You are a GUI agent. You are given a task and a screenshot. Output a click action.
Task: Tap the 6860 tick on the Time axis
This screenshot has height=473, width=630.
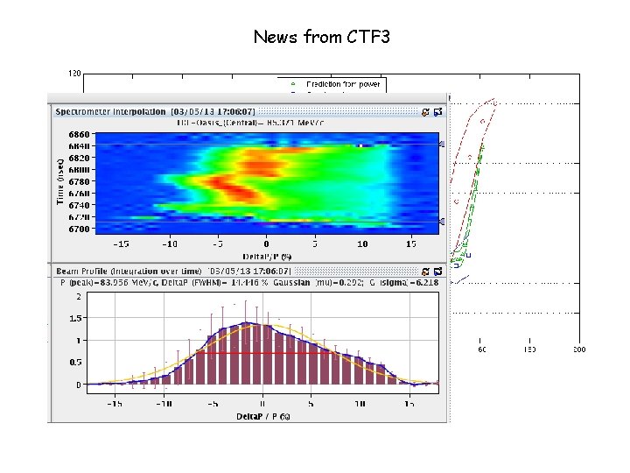click(78, 135)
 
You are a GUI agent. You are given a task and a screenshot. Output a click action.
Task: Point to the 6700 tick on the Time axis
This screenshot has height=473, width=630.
click(78, 229)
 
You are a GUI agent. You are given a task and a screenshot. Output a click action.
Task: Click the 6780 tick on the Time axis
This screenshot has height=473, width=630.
click(78, 182)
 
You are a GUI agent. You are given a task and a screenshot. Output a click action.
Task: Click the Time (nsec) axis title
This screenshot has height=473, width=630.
click(60, 181)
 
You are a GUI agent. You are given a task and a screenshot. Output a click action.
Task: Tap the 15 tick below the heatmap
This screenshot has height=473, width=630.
click(409, 244)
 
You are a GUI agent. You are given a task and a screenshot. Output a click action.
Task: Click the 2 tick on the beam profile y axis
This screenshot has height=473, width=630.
click(79, 296)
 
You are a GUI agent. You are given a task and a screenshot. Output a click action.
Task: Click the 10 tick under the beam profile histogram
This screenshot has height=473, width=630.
click(360, 404)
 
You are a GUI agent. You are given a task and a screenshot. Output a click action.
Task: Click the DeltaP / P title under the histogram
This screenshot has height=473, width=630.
click(262, 415)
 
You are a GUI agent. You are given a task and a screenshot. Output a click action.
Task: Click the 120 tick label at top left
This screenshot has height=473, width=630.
click(74, 74)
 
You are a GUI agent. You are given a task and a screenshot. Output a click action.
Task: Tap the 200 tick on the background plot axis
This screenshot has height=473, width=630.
click(578, 349)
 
